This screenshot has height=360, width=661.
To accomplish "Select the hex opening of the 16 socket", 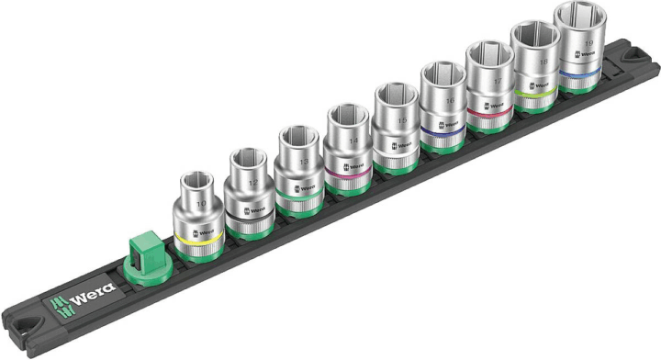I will (x=443, y=73).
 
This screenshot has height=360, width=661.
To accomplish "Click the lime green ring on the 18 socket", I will (x=534, y=91).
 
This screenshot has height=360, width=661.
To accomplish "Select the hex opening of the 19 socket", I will (x=577, y=13).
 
